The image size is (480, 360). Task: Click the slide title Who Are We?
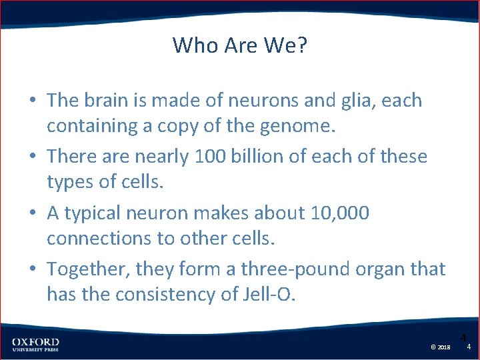point(240,45)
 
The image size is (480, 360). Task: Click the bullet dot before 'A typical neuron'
point(32,213)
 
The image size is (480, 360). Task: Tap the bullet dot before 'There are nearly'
point(32,157)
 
